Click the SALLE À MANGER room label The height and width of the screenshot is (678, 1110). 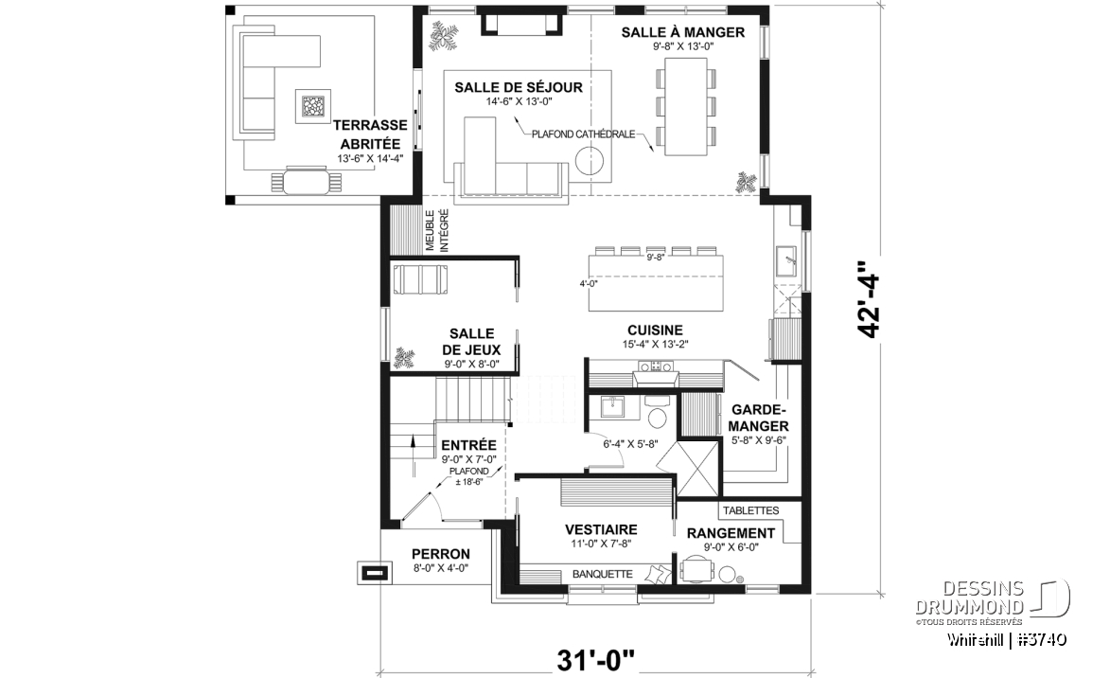682,32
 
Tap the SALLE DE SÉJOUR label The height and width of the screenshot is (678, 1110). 519,87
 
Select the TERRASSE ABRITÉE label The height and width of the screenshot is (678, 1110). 370,134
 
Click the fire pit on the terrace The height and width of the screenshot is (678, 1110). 312,107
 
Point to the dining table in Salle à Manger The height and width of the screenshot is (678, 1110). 686,106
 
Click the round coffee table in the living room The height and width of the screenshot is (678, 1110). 589,160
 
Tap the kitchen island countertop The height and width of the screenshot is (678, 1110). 656,283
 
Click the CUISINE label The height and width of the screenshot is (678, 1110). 655,330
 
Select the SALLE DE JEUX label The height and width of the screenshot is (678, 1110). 471,342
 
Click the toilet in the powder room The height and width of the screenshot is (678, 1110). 657,415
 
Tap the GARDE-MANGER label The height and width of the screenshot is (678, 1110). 759,418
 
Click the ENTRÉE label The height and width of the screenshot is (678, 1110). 468,445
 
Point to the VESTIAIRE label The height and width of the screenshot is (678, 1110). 601,529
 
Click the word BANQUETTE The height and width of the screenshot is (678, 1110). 603,574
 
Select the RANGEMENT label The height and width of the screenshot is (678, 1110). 731,533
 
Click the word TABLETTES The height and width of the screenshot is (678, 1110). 750,510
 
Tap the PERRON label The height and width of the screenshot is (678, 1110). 440,554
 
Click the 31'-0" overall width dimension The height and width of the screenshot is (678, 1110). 596,660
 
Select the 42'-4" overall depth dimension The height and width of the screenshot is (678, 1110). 868,300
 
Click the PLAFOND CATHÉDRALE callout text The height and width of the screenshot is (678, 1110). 583,134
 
